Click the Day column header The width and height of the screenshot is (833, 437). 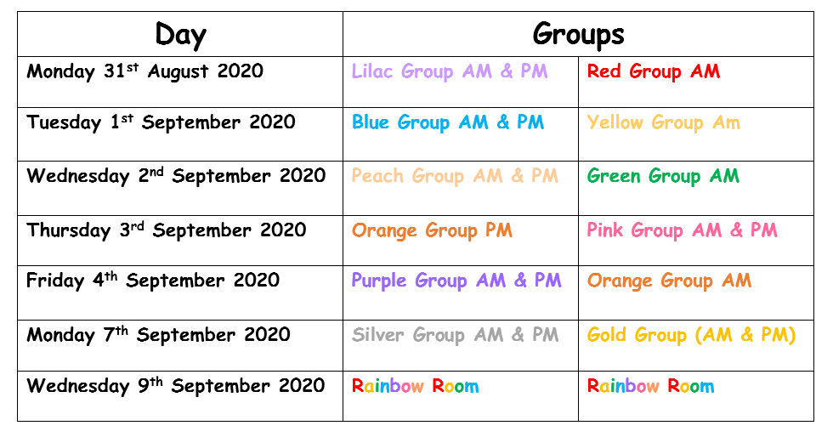click(x=180, y=35)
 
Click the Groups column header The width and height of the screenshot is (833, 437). click(x=578, y=35)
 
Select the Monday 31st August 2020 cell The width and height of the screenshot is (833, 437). click(x=144, y=71)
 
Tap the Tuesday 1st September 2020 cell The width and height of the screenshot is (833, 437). click(x=161, y=122)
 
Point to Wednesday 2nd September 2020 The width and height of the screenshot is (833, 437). click(x=176, y=177)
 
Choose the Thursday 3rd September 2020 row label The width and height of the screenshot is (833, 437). click(x=166, y=230)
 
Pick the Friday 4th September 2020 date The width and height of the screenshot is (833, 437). click(x=152, y=281)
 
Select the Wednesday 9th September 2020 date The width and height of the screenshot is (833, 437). click(x=175, y=386)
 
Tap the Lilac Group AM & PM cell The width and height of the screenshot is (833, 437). click(x=450, y=71)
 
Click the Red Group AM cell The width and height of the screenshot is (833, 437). click(x=653, y=71)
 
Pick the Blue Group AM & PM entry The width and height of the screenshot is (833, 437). click(x=448, y=122)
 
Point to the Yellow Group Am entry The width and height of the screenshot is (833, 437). click(x=663, y=122)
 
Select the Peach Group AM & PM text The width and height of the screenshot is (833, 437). click(x=455, y=177)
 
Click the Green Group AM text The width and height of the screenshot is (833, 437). click(x=663, y=177)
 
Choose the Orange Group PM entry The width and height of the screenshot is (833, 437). click(x=432, y=230)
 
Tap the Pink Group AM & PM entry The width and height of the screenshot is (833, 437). click(x=682, y=230)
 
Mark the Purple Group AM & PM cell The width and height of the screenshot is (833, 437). click(x=456, y=281)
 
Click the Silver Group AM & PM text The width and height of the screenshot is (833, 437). click(x=455, y=335)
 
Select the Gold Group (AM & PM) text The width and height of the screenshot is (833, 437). click(x=691, y=335)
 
